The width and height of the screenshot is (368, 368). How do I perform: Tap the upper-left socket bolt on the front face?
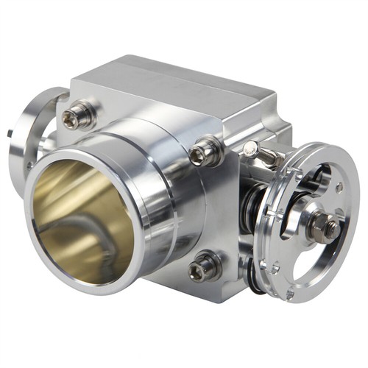click(x=79, y=116)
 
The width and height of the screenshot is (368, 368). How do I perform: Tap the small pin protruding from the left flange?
click(x=12, y=134)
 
